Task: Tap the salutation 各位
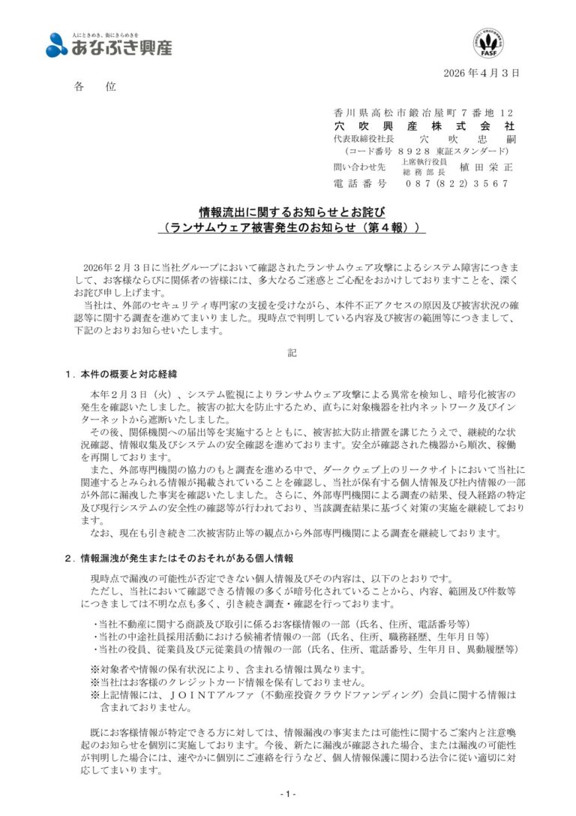[95, 87]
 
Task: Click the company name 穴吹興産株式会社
[424, 125]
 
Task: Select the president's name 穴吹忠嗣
[466, 140]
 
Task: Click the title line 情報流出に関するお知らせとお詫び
[288, 212]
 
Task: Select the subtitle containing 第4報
[288, 227]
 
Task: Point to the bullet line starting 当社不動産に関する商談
[281, 623]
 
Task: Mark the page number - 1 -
[288, 794]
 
